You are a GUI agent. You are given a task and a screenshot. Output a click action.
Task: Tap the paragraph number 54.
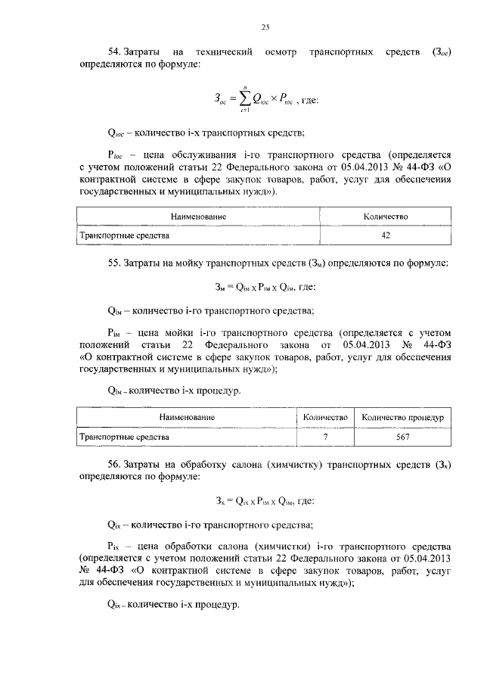tap(115, 51)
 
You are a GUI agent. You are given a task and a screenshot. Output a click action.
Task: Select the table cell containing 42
tap(386, 235)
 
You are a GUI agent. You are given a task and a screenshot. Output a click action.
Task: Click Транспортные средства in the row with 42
tap(125, 235)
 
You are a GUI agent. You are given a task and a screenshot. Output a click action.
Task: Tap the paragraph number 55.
tap(115, 263)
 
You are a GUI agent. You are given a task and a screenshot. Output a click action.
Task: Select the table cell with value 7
tap(325, 437)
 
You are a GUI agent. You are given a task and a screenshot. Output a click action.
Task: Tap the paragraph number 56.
tap(115, 465)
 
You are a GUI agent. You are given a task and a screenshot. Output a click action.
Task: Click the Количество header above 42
tap(386, 216)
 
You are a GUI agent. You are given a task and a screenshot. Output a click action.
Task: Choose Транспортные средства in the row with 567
tap(125, 437)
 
